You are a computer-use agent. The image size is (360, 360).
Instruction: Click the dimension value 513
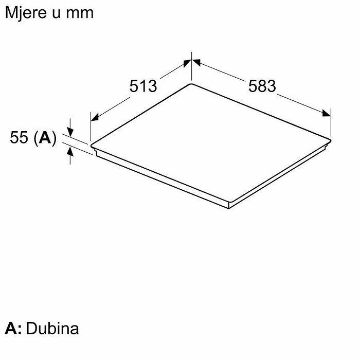click(143, 86)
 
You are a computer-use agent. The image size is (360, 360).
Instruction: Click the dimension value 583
click(262, 86)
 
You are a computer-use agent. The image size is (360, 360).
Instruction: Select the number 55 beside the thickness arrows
click(19, 137)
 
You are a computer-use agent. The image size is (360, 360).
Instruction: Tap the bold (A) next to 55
click(45, 138)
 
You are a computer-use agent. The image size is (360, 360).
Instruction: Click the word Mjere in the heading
click(26, 13)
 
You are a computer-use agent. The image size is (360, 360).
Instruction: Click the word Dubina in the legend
click(52, 328)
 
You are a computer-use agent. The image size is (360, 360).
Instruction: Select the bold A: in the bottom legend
click(13, 328)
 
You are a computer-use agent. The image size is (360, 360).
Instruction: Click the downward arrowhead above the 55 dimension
click(70, 132)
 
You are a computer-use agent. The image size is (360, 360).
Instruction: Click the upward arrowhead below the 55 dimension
click(70, 152)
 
